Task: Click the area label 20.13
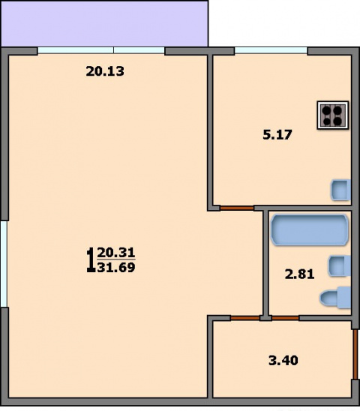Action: click(x=105, y=71)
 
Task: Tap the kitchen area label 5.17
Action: click(x=277, y=135)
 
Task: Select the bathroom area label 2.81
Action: click(x=299, y=274)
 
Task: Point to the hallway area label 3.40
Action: click(x=283, y=361)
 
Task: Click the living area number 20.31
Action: click(x=116, y=253)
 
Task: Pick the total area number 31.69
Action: click(x=116, y=268)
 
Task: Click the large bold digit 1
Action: click(x=91, y=260)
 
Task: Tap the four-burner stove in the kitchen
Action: click(x=333, y=115)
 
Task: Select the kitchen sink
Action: click(x=340, y=190)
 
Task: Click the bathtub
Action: click(x=310, y=230)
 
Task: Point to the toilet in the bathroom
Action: click(x=335, y=298)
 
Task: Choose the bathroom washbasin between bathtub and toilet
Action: click(x=340, y=265)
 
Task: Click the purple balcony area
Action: click(x=104, y=23)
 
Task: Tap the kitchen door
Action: click(x=237, y=208)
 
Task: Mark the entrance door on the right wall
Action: click(x=355, y=354)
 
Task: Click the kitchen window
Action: click(x=271, y=50)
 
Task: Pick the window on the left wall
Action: click(x=4, y=264)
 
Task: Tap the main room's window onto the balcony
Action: click(x=101, y=50)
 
